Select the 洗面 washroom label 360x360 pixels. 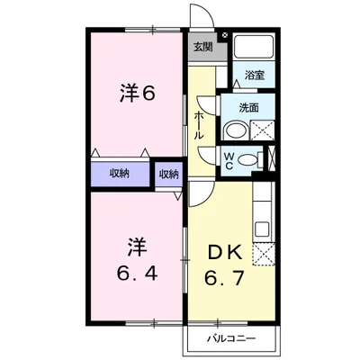tap(249, 108)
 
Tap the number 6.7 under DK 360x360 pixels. tap(220, 281)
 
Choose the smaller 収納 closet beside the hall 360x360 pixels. tap(168, 173)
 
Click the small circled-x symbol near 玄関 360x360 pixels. tap(225, 38)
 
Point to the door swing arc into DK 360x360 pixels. tap(199, 193)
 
